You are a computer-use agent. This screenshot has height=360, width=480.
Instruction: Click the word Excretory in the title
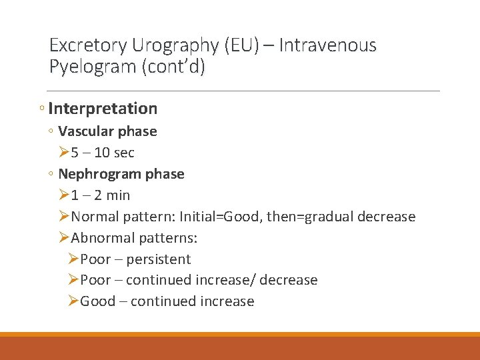click(89, 45)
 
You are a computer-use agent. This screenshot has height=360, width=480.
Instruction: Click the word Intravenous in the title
click(328, 45)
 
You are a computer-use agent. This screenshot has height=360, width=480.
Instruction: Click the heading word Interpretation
click(103, 109)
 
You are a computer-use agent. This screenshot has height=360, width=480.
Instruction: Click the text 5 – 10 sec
click(103, 153)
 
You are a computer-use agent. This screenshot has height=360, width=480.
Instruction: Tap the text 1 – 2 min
click(101, 195)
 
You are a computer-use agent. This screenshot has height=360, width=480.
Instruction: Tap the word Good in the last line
click(97, 301)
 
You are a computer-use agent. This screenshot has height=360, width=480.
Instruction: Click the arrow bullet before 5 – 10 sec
click(63, 153)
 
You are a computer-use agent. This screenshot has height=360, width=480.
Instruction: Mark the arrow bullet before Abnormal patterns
click(63, 238)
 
